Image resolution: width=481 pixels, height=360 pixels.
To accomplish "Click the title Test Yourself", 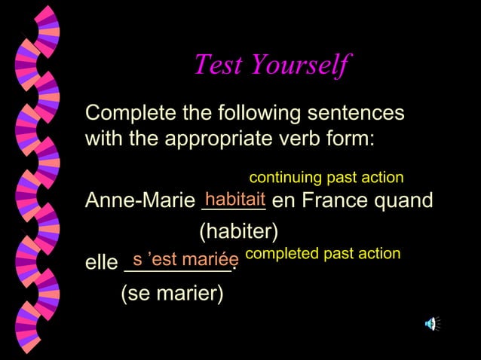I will (x=271, y=65).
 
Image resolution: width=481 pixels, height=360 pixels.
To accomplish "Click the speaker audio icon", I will (x=431, y=324).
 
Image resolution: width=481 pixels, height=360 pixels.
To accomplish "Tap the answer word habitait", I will (x=235, y=200).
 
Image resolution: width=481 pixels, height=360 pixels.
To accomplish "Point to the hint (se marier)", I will (x=172, y=294).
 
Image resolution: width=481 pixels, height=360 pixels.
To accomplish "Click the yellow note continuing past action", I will (x=326, y=178).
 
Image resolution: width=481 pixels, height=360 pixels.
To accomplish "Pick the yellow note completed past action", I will (x=323, y=253).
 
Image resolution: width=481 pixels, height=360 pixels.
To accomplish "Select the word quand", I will (x=406, y=202).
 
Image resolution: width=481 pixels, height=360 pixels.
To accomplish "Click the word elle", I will (x=101, y=264).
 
